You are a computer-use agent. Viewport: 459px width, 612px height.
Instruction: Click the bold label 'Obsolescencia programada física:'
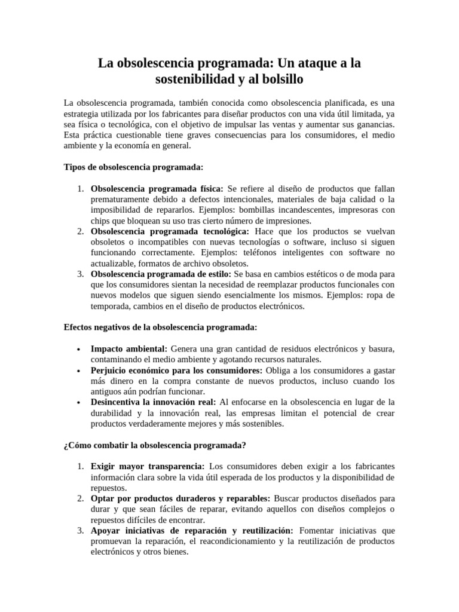pos(157,188)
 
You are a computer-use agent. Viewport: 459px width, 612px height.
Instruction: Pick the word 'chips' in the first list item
pos(101,221)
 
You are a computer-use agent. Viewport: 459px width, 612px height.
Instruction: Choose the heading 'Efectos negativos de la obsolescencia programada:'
pos(161,328)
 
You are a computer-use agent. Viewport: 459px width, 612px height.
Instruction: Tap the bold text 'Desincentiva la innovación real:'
pos(154,402)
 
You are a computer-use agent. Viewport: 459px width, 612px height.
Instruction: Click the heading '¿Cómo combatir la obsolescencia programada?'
pos(155,445)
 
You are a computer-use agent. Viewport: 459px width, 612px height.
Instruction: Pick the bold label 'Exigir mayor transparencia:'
pos(147,466)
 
